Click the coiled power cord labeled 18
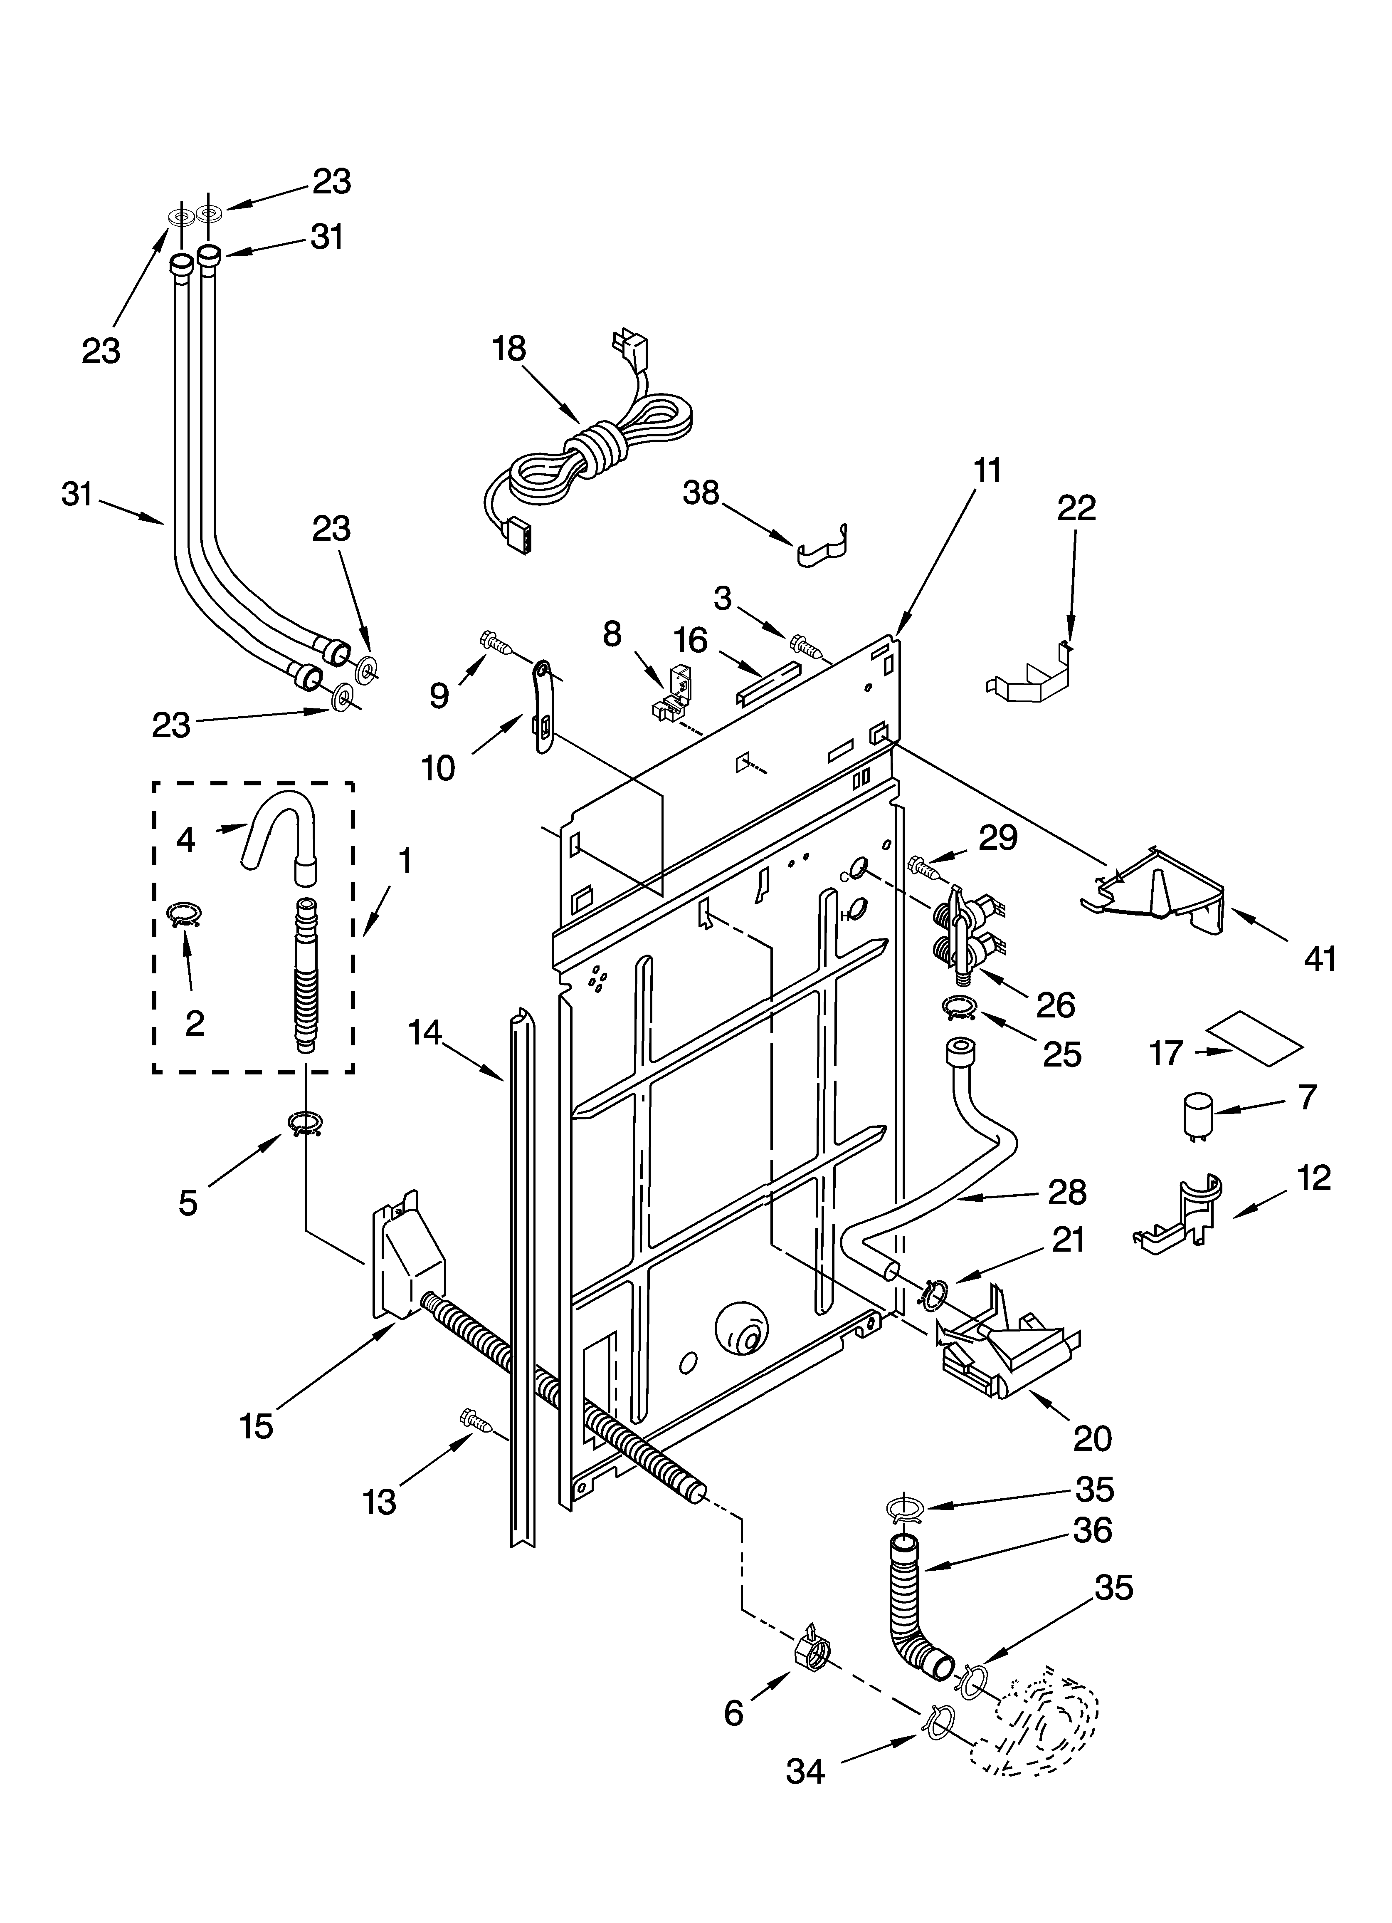click(593, 454)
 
